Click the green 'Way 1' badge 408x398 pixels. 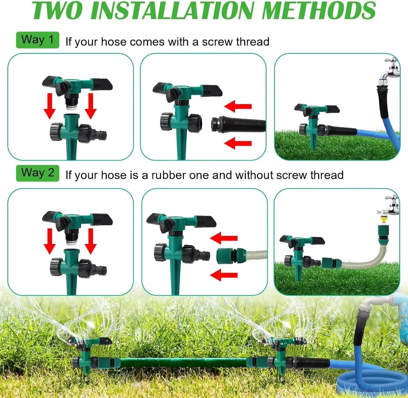[x=37, y=40]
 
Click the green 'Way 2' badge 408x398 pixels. [x=37, y=173]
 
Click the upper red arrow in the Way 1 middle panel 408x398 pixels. [x=238, y=106]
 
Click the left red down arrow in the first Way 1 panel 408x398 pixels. [x=50, y=106]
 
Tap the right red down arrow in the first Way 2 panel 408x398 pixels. [x=91, y=241]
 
